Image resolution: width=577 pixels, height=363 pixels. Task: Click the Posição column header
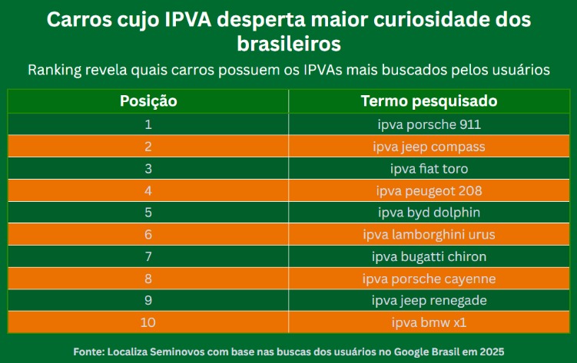148,101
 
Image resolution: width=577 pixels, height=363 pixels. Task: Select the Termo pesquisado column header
429,101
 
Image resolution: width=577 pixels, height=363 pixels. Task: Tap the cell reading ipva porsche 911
429,124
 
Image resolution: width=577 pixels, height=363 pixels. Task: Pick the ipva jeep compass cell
429,146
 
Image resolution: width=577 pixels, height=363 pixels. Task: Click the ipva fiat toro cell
429,168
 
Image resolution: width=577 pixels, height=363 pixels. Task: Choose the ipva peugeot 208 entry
429,190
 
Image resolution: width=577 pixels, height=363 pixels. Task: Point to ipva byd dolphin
429,212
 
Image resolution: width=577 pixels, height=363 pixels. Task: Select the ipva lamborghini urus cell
429,234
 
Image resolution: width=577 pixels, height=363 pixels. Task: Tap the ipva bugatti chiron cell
429,256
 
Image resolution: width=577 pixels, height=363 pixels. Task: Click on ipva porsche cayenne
429,279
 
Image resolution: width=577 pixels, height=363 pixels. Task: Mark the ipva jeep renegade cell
429,300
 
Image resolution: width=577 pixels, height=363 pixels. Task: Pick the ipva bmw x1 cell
429,322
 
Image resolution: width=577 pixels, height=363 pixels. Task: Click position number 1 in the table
148,124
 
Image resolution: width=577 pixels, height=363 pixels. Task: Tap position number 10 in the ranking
148,322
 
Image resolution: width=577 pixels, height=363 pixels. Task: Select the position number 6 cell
148,234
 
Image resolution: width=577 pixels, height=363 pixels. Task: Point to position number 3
148,168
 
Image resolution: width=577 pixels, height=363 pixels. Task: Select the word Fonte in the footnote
91,351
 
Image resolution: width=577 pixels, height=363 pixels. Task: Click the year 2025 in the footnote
489,351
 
